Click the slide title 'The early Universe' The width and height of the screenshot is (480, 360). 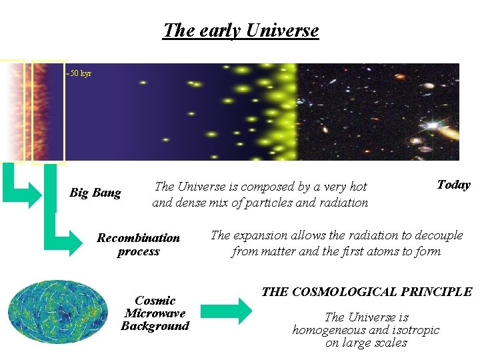241,31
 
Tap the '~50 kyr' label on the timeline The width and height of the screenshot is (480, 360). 79,73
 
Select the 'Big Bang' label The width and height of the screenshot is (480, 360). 95,193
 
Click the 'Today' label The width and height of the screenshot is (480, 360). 453,185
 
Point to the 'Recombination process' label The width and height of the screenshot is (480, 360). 138,245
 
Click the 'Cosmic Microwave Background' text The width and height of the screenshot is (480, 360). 155,313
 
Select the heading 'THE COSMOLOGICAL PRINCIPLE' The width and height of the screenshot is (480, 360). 366,292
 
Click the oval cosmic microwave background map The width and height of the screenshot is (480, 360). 58,311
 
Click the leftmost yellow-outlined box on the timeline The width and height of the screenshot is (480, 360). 12,111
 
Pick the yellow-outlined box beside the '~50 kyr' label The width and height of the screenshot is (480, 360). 48,111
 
